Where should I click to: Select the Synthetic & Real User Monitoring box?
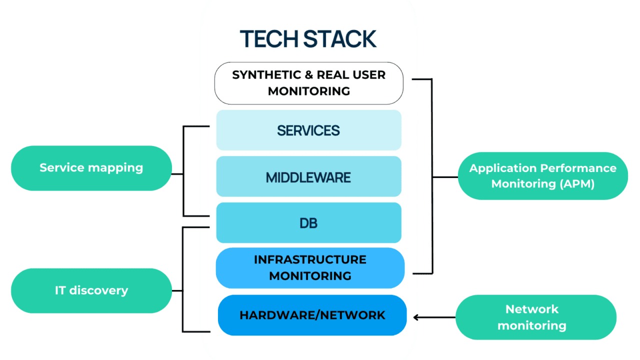coord(308,83)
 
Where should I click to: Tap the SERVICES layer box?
coord(308,130)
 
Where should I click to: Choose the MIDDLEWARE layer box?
coord(308,176)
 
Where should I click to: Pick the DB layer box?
coord(308,223)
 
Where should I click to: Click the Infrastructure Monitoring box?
coord(309,267)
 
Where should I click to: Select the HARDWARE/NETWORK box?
coord(312,315)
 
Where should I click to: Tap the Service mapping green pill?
coord(91,167)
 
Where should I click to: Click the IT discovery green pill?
coord(91,290)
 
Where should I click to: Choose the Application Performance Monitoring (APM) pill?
coord(542,175)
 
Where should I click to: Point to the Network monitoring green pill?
coord(535,317)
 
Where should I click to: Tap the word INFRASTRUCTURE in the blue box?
coord(310,259)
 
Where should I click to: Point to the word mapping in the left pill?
coord(118,168)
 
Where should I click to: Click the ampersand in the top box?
coord(308,75)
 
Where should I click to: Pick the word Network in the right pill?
coord(532,309)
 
